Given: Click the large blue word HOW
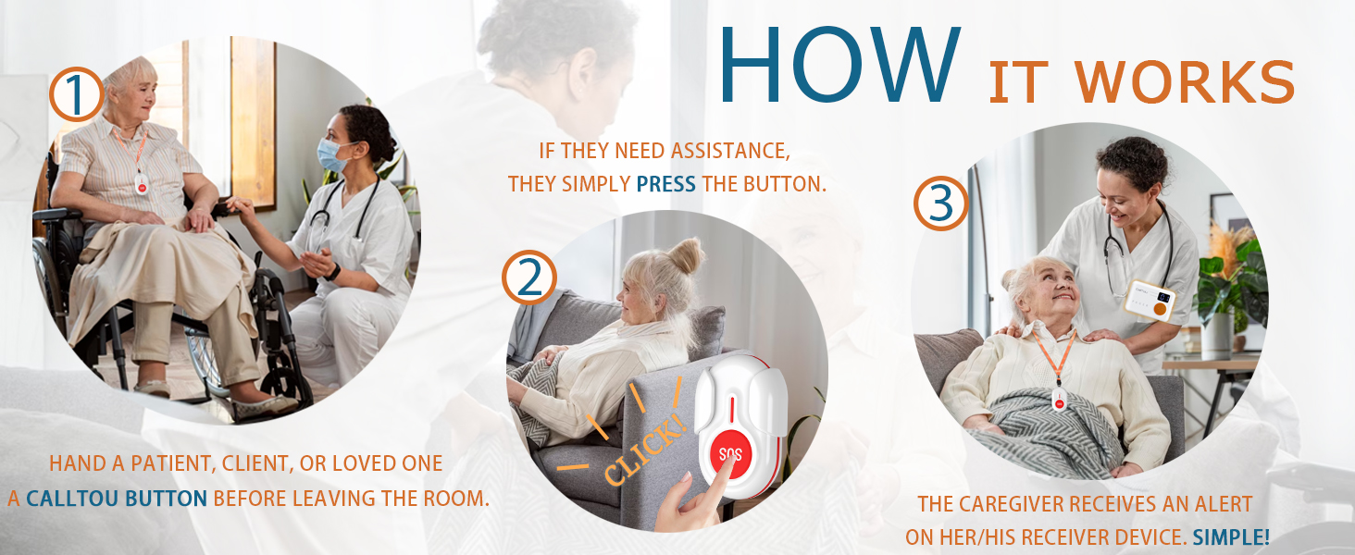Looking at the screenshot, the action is click(839, 64).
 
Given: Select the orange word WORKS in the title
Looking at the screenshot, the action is click(1184, 82).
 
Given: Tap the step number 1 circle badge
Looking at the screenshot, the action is click(77, 94).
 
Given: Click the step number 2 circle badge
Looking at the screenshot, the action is click(529, 277).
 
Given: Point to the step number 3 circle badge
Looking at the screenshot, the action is click(940, 203).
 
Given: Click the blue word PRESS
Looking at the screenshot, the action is click(666, 184).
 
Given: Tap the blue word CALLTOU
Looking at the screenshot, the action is click(72, 499).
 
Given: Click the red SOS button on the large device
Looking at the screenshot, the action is click(731, 453).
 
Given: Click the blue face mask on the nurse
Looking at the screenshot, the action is click(331, 155).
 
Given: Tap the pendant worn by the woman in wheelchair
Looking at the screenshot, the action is click(142, 184).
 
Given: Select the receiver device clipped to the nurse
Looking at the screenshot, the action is click(1150, 301).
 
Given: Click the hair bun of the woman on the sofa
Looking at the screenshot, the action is click(687, 255).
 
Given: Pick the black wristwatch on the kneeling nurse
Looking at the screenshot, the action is click(332, 273).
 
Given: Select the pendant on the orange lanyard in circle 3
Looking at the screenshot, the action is click(1059, 400).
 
